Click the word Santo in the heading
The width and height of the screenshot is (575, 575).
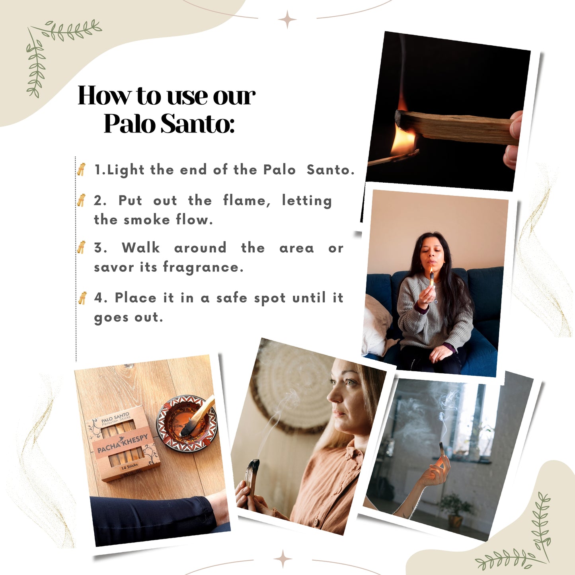click(197, 123)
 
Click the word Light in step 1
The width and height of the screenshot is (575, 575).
click(126, 170)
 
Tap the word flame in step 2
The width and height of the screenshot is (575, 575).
click(246, 201)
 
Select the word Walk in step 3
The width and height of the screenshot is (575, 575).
click(140, 248)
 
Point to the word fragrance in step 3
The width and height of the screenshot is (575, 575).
click(203, 267)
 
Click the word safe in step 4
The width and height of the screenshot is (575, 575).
click(232, 298)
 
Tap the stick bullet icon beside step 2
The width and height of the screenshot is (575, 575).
click(81, 200)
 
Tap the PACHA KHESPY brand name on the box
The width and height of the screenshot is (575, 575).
click(123, 443)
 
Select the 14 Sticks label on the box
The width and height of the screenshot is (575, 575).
click(129, 466)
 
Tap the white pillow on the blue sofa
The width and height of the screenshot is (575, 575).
click(376, 325)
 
